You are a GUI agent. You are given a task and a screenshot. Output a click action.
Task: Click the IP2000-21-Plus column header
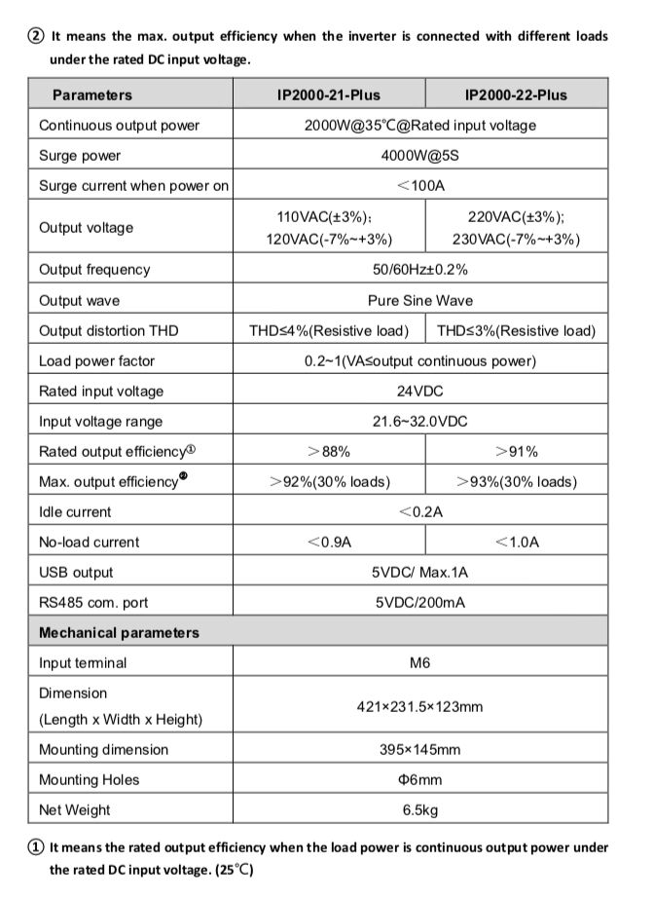pyautogui.click(x=329, y=94)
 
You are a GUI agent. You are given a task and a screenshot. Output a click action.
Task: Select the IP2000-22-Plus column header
pyautogui.click(x=516, y=94)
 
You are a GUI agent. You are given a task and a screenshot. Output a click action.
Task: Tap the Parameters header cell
pyautogui.click(x=92, y=94)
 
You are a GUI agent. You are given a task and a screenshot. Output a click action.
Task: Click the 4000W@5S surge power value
pyautogui.click(x=419, y=156)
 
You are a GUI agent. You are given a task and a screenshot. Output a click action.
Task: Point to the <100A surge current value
pyautogui.click(x=419, y=186)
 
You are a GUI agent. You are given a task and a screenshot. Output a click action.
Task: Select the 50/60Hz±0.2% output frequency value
pyautogui.click(x=419, y=270)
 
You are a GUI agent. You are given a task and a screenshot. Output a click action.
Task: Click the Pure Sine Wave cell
pyautogui.click(x=419, y=300)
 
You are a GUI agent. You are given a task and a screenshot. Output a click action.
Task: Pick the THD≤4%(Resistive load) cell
pyautogui.click(x=329, y=330)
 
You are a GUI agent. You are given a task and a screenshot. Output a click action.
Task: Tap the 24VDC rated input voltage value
pyautogui.click(x=419, y=391)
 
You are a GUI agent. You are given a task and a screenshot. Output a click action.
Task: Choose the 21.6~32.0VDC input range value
pyautogui.click(x=419, y=421)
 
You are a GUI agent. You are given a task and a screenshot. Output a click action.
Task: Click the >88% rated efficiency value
pyautogui.click(x=329, y=451)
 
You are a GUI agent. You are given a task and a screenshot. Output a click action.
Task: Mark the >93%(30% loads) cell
pyautogui.click(x=516, y=481)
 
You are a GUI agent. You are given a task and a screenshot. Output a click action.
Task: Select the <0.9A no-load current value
pyautogui.click(x=329, y=542)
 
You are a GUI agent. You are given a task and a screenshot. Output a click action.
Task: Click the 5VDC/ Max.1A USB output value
pyautogui.click(x=419, y=572)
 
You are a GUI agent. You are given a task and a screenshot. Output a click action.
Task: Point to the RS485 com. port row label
pyautogui.click(x=93, y=602)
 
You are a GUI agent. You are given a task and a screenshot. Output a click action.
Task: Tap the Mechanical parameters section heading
pyautogui.click(x=119, y=632)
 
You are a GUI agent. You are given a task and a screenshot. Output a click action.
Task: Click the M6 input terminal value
pyautogui.click(x=419, y=662)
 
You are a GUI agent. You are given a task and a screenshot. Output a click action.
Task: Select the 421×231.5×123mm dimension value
pyautogui.click(x=419, y=706)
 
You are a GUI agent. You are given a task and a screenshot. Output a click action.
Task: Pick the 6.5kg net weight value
pyautogui.click(x=419, y=809)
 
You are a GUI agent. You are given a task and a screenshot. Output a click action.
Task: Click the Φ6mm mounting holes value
pyautogui.click(x=419, y=779)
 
